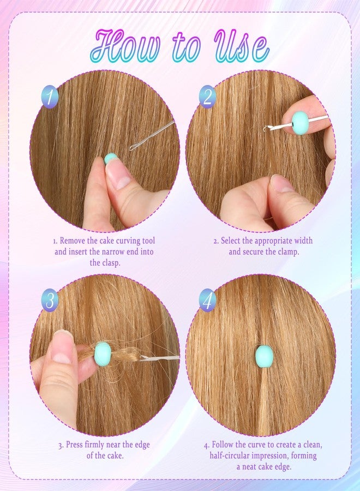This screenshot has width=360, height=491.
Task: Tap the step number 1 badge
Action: click(x=50, y=97)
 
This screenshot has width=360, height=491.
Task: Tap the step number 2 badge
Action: click(x=208, y=97)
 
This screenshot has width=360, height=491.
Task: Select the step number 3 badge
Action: click(x=50, y=300)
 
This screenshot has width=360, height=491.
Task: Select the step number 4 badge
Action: click(x=208, y=300)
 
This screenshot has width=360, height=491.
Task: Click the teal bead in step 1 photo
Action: click(x=110, y=158)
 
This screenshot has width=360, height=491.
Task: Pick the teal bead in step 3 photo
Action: click(x=103, y=354)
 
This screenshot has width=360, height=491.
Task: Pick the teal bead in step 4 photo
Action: click(x=265, y=356)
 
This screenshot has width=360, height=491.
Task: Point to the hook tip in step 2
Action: click(x=265, y=128)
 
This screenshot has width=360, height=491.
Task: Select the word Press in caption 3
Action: click(x=75, y=445)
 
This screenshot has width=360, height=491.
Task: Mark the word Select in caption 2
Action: click(x=230, y=241)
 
